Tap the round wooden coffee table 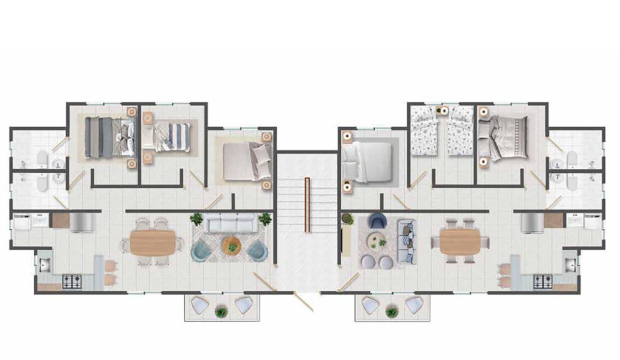click(x=231, y=245)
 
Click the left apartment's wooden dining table click(x=152, y=242)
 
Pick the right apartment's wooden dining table click(x=460, y=241)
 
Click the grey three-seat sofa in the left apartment click(x=231, y=223)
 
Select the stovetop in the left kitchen click(x=72, y=282)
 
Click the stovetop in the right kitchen click(x=542, y=281)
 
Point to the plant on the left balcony click(x=220, y=312)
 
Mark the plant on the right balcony click(x=391, y=312)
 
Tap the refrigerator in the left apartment click(x=82, y=223)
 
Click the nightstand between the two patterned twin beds click(x=441, y=110)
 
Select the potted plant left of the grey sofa click(x=196, y=218)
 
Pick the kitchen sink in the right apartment click(x=570, y=264)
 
